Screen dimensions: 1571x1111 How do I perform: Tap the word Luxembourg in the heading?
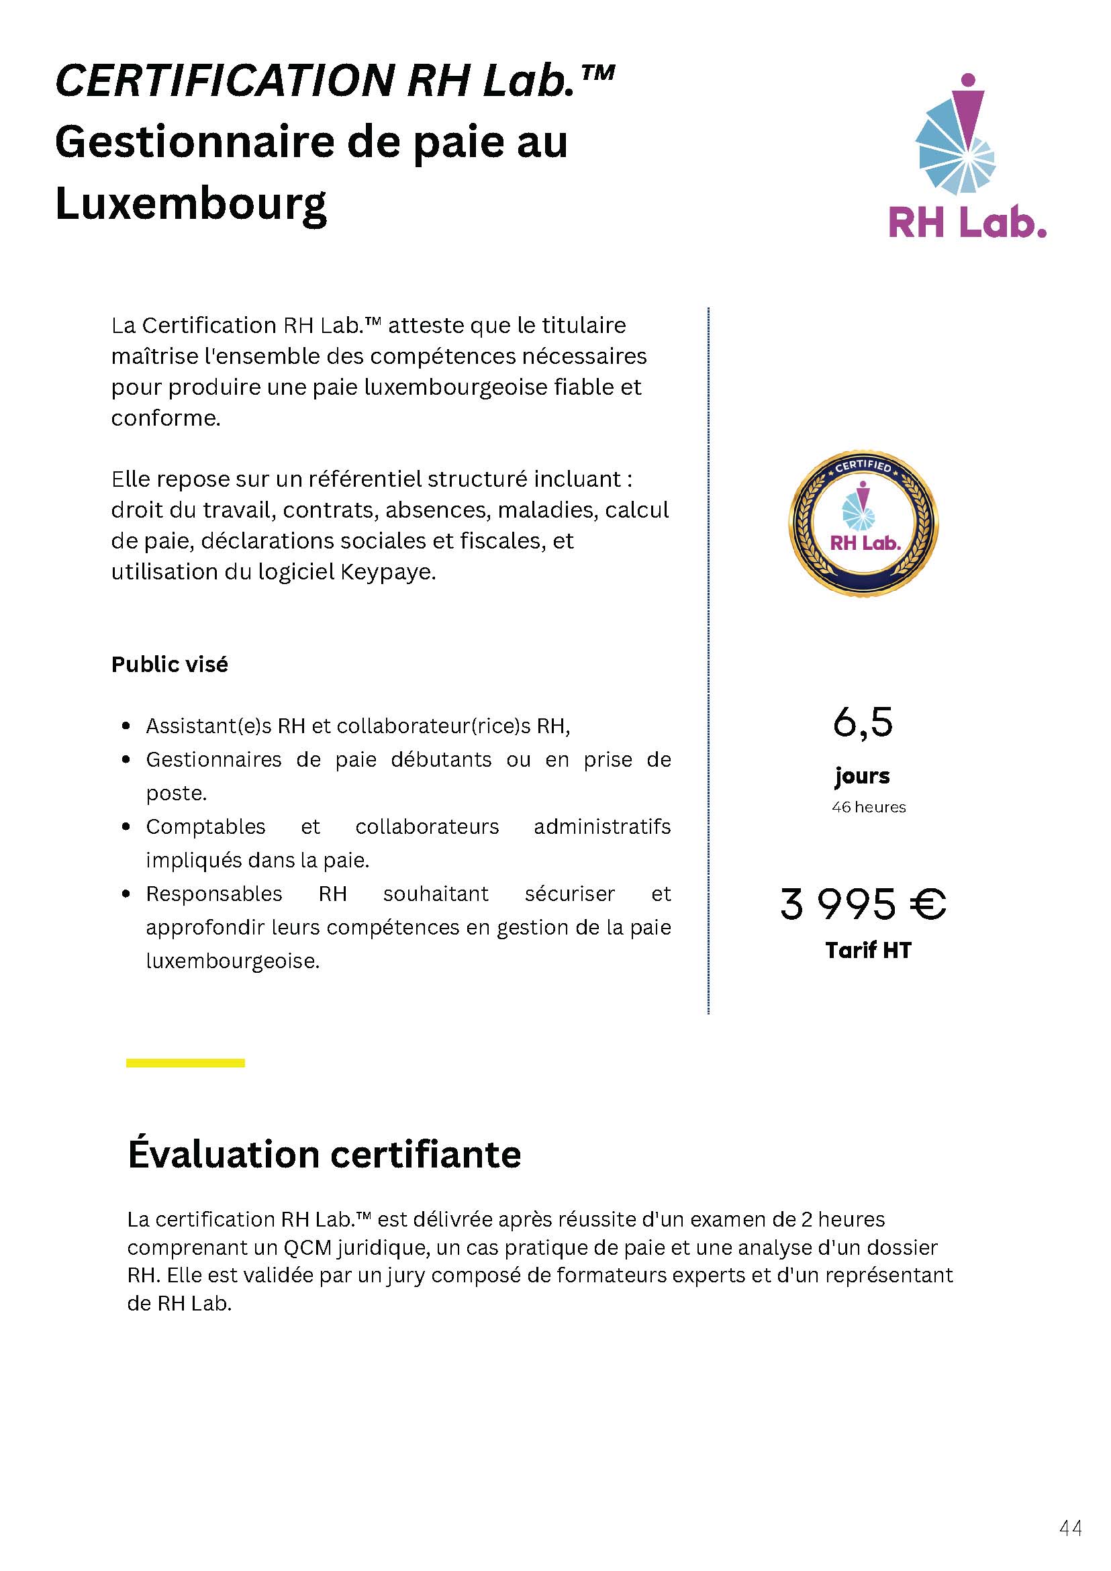[x=191, y=203]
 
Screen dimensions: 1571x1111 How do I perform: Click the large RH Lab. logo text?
[x=967, y=222]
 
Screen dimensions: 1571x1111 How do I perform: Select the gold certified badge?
[x=864, y=523]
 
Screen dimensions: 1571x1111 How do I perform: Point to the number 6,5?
[x=863, y=723]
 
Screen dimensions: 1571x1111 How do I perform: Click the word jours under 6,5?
[x=862, y=776]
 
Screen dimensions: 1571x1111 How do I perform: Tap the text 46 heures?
[x=868, y=808]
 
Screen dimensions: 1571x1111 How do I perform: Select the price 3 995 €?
[x=863, y=904]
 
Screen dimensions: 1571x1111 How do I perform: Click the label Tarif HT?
[x=868, y=951]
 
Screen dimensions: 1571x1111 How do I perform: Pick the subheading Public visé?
[x=170, y=665]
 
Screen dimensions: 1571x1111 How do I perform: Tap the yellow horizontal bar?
[x=185, y=1063]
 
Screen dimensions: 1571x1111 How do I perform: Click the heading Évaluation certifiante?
[x=324, y=1154]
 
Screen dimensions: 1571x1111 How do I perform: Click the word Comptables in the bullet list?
[x=205, y=826]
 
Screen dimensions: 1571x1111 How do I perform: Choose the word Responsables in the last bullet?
[x=213, y=894]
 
